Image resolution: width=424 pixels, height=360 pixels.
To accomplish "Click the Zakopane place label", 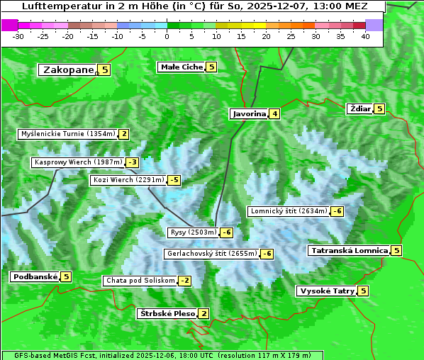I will [x=68, y=69].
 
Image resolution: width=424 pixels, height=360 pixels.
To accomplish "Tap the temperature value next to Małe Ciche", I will [x=211, y=67].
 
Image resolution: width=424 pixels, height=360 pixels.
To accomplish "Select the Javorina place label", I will [x=249, y=113].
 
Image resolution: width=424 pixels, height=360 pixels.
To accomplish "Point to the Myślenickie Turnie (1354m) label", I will [x=67, y=133].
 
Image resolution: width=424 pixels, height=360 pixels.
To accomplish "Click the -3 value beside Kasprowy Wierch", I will [x=133, y=162].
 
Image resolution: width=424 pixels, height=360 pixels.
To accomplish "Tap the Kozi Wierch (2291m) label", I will [x=128, y=180].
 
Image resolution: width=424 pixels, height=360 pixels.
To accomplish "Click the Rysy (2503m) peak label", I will [x=193, y=232].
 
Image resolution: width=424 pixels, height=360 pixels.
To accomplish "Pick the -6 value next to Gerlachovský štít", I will [x=267, y=254].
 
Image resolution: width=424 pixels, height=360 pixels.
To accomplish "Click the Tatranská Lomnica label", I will [x=349, y=250].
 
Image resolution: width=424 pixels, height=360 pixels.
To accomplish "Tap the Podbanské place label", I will [x=34, y=276].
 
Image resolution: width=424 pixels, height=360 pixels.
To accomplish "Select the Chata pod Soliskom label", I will [x=139, y=281].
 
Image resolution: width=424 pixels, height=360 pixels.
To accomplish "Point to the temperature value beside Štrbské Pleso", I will [x=203, y=313].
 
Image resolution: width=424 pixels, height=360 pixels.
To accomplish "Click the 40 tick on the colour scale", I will [x=364, y=36].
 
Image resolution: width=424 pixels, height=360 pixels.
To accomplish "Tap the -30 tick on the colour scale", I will [x=18, y=36].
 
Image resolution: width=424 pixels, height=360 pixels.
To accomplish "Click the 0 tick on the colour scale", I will [x=167, y=36].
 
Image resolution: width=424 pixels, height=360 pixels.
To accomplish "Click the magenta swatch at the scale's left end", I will [x=9, y=24].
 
